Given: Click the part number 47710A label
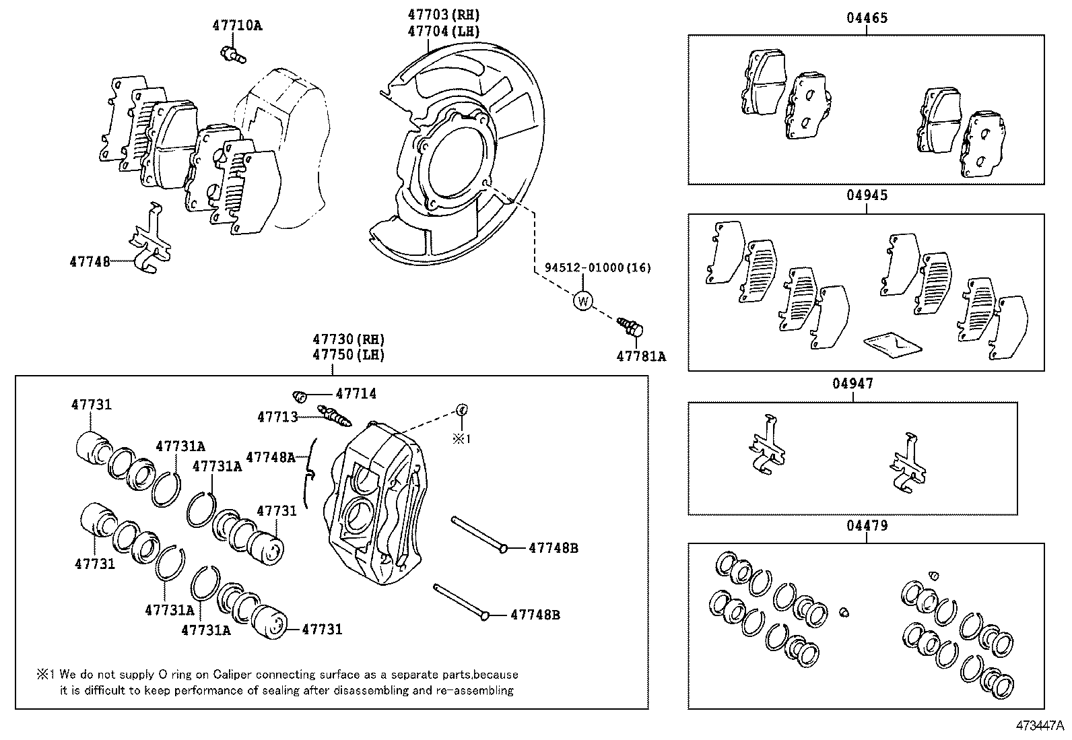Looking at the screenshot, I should click(236, 26).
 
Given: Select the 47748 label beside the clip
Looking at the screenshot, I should click(89, 261).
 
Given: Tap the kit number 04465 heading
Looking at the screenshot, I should click(867, 18).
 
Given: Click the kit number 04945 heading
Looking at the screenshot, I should click(867, 196).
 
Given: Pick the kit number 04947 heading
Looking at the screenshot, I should click(852, 384).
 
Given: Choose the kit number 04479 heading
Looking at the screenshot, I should click(867, 525).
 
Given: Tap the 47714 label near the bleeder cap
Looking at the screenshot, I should click(356, 394).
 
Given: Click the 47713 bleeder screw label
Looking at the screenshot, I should click(277, 417).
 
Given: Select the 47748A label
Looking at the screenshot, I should click(270, 458).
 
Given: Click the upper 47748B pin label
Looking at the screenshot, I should click(553, 548).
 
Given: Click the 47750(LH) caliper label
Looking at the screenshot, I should click(347, 355).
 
